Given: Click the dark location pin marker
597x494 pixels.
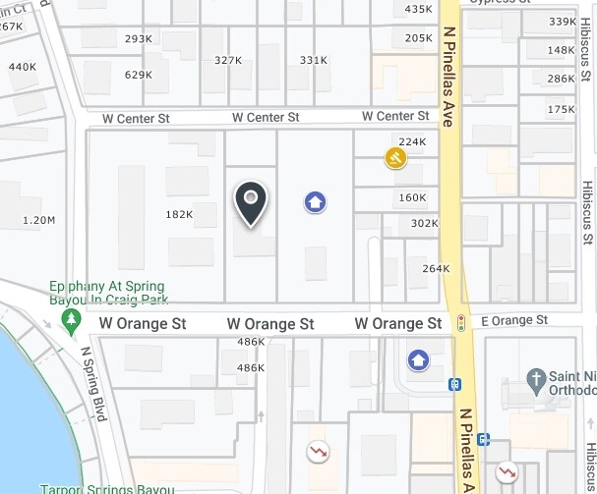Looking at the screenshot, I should tap(252, 202).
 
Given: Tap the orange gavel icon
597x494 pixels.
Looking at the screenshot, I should tap(395, 157).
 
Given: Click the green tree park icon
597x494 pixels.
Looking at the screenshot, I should tap(71, 320).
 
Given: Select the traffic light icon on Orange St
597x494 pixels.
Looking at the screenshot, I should tap(460, 322).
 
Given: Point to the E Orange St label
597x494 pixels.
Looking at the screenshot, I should tap(514, 320).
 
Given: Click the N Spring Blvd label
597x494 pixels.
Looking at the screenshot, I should tap(93, 384).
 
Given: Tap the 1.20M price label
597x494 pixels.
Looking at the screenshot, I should tap(39, 220).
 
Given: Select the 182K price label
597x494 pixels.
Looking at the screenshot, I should tap(179, 214).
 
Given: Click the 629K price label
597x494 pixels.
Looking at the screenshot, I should tap(139, 75).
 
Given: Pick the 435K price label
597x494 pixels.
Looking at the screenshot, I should tap(418, 9).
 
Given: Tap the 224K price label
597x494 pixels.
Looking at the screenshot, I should tap(412, 141).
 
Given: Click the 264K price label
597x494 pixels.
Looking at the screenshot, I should tap(436, 268).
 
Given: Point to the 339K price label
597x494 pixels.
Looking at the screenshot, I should tap(562, 22).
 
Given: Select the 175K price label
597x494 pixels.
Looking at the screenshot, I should tap(561, 109).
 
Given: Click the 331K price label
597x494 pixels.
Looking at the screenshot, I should tap(314, 60).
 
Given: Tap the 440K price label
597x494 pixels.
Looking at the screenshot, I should tap(22, 67).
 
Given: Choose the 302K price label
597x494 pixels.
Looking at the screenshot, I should tap(425, 223).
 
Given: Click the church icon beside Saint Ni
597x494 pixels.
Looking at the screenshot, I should tap(536, 378).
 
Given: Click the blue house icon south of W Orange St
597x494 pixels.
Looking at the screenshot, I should tap(418, 360).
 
